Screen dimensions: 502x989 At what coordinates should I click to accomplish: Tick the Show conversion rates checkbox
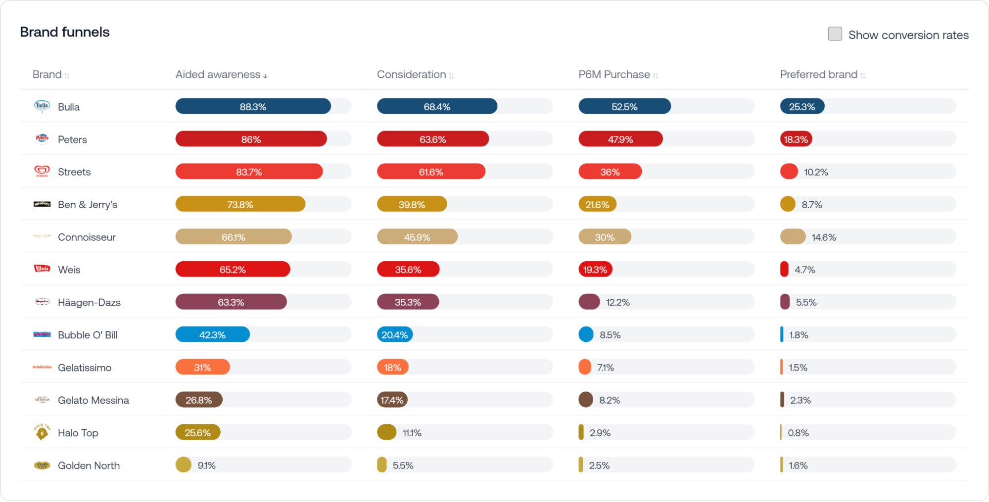click(835, 34)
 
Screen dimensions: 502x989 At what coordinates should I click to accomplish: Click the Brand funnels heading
click(65, 32)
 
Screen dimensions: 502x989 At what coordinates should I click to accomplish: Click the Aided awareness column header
click(218, 75)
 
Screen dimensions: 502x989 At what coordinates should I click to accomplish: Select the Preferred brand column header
click(818, 75)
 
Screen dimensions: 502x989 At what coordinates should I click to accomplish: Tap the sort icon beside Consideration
click(451, 76)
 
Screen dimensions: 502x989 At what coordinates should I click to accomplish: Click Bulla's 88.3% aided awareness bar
click(253, 106)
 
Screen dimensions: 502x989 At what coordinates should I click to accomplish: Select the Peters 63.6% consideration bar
click(432, 139)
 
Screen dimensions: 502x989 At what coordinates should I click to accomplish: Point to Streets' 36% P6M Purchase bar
click(610, 172)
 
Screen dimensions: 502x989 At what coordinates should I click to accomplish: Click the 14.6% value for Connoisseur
click(824, 237)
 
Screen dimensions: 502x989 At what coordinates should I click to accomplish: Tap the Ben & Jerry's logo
click(42, 204)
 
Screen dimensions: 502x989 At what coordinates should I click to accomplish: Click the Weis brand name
click(69, 270)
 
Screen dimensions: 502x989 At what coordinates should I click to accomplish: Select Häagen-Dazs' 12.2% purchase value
click(617, 302)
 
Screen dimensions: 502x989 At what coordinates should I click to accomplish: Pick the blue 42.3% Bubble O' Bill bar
click(212, 335)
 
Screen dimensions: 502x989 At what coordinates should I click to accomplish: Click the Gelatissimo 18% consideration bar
click(392, 367)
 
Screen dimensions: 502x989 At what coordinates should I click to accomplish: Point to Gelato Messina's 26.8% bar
click(198, 400)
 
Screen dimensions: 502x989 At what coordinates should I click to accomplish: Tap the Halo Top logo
click(42, 432)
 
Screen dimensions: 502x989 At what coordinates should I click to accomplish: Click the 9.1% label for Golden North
click(206, 465)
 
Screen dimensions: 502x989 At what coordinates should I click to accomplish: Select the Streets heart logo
click(42, 171)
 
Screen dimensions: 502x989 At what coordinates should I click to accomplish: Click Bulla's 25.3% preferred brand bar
click(801, 106)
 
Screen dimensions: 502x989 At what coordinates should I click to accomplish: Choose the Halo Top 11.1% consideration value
click(412, 433)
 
